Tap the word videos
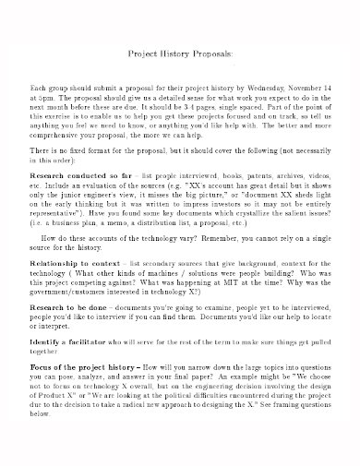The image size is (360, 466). (x=318, y=173)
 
